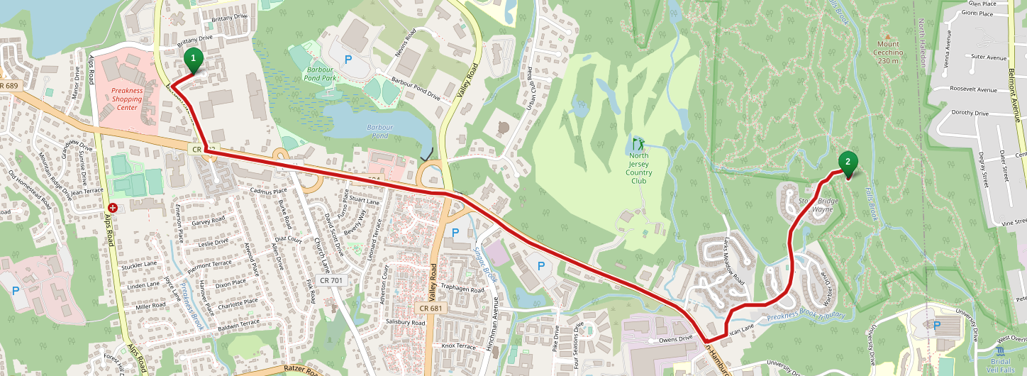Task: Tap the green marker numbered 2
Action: [x=847, y=162]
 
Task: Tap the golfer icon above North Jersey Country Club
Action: [x=638, y=143]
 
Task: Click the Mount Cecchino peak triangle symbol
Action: [x=887, y=35]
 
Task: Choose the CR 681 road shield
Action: [x=431, y=307]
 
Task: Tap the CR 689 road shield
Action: [x=9, y=86]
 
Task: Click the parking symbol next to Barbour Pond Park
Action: [x=348, y=60]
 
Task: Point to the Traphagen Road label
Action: [x=462, y=289]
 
